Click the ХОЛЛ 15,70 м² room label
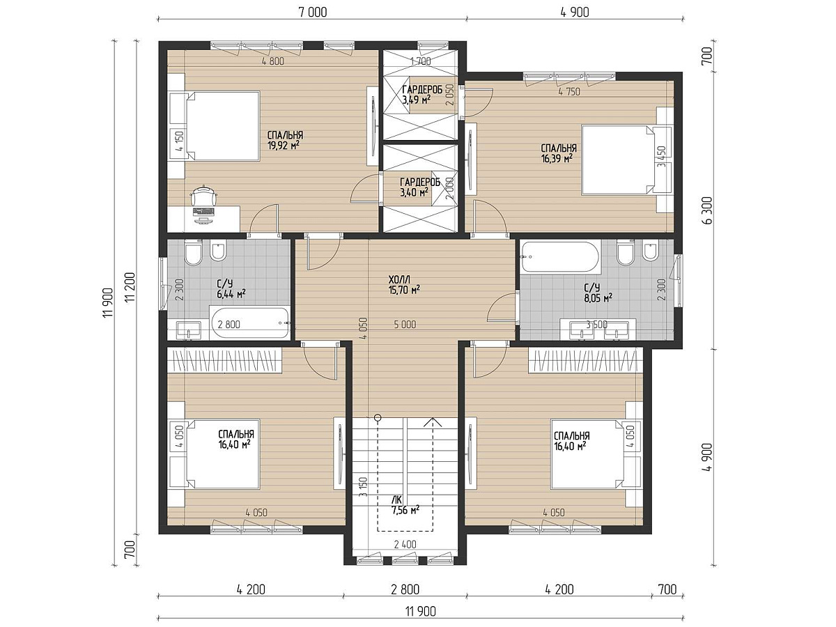(404, 285)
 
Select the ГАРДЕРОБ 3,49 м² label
(422, 95)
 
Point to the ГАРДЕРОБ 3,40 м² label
(419, 187)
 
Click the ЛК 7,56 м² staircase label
(405, 504)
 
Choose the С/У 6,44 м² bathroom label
(231, 289)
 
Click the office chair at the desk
(203, 197)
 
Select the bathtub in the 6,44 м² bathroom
(250, 323)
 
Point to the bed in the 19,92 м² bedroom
(223, 125)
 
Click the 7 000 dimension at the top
(313, 12)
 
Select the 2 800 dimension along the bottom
(405, 589)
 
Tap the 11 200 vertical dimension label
(130, 288)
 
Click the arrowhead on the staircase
(433, 421)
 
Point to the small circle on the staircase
(378, 417)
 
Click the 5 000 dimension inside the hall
(405, 325)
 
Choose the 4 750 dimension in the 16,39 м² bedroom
(569, 92)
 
